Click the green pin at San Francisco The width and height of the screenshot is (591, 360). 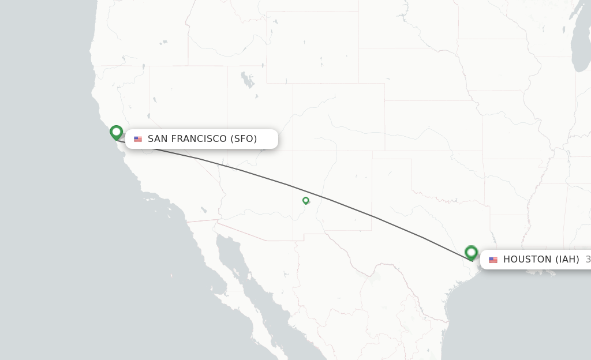[116, 132]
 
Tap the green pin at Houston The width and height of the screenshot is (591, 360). [471, 252]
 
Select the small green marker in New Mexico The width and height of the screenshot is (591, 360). [305, 200]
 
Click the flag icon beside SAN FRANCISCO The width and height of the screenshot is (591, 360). [138, 139]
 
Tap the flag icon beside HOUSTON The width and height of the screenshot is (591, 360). [493, 260]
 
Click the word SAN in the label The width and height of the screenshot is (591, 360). [158, 139]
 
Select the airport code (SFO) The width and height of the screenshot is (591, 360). [244, 139]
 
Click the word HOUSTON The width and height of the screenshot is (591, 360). [528, 260]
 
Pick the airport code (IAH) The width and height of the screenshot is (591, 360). [567, 260]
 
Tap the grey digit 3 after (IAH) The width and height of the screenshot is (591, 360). [588, 260]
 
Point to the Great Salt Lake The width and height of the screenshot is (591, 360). [246, 79]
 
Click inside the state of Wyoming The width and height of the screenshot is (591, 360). [312, 58]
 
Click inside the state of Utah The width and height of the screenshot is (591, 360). [260, 115]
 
